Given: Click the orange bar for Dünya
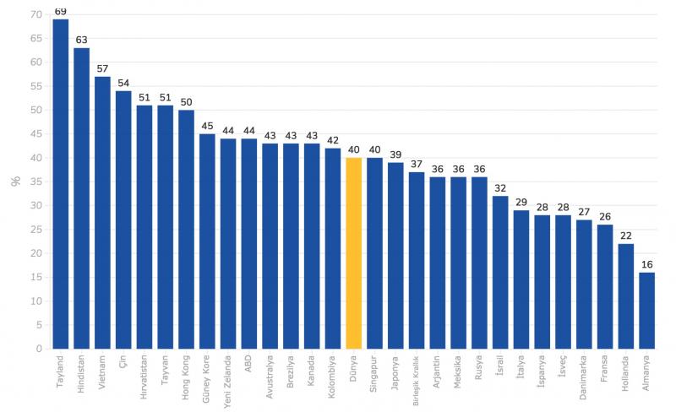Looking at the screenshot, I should point(354,253).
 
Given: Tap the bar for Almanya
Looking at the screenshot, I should point(646,310).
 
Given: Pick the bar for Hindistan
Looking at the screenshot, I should point(82,198).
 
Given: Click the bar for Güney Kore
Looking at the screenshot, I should point(207,241).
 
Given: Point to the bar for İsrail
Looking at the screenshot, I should point(500,272).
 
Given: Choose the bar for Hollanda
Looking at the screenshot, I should point(625,295).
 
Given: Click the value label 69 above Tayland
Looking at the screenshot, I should point(61,12).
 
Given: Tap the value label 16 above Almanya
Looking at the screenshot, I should point(646,264).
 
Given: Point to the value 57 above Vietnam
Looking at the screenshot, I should point(102,69).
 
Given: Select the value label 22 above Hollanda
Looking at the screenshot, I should point(625,236).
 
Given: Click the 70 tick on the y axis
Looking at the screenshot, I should point(35,14).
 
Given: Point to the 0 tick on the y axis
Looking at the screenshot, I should point(38,348).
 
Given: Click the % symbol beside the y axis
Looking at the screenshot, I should point(14,181).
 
